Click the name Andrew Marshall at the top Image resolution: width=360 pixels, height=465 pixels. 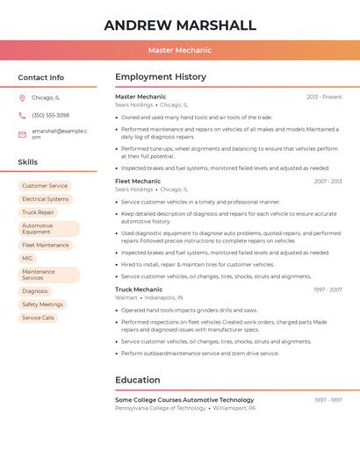click(180, 25)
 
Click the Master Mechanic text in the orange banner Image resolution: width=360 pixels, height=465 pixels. click(180, 50)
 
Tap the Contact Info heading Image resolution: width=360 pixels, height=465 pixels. click(41, 77)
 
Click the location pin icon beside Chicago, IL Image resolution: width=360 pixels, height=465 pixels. click(22, 97)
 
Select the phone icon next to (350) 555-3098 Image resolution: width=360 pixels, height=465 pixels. click(22, 115)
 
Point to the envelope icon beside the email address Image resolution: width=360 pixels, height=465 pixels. click(22, 133)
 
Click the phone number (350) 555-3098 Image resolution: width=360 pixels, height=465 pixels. click(50, 115)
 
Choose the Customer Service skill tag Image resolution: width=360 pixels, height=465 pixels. click(45, 186)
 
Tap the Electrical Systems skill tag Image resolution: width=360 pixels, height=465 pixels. click(46, 199)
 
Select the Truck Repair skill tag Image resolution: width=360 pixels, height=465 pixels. click(38, 212)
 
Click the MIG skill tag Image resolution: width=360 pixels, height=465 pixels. click(27, 259)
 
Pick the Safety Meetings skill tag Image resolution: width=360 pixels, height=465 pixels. click(42, 304)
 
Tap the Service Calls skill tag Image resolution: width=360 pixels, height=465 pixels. click(38, 318)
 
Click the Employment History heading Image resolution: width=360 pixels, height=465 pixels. click(161, 77)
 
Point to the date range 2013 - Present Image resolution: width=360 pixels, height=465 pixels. click(324, 97)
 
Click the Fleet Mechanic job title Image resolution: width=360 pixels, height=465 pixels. click(138, 181)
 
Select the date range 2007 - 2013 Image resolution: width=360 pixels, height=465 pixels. click(328, 182)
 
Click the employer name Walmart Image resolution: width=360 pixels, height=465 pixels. click(126, 297)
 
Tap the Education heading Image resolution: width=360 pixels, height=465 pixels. click(138, 380)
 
